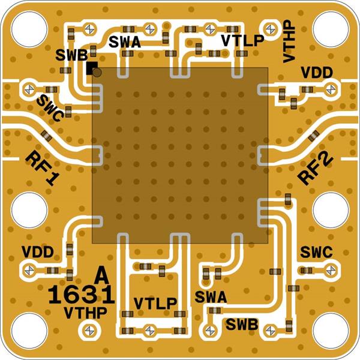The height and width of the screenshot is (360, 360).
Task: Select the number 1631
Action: click(x=81, y=295)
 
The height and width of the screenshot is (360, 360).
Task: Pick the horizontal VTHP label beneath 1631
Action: click(x=85, y=312)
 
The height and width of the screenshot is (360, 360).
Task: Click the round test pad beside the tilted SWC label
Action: click(x=28, y=90)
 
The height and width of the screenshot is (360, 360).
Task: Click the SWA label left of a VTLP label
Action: click(x=125, y=41)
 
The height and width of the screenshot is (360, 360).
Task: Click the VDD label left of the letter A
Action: click(x=38, y=251)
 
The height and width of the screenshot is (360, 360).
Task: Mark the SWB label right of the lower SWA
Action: click(x=242, y=325)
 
